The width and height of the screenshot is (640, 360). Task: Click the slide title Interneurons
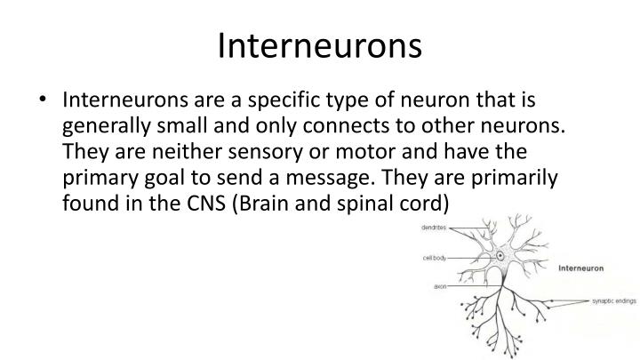pos(320,45)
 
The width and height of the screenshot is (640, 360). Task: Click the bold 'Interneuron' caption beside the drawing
pos(583,266)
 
